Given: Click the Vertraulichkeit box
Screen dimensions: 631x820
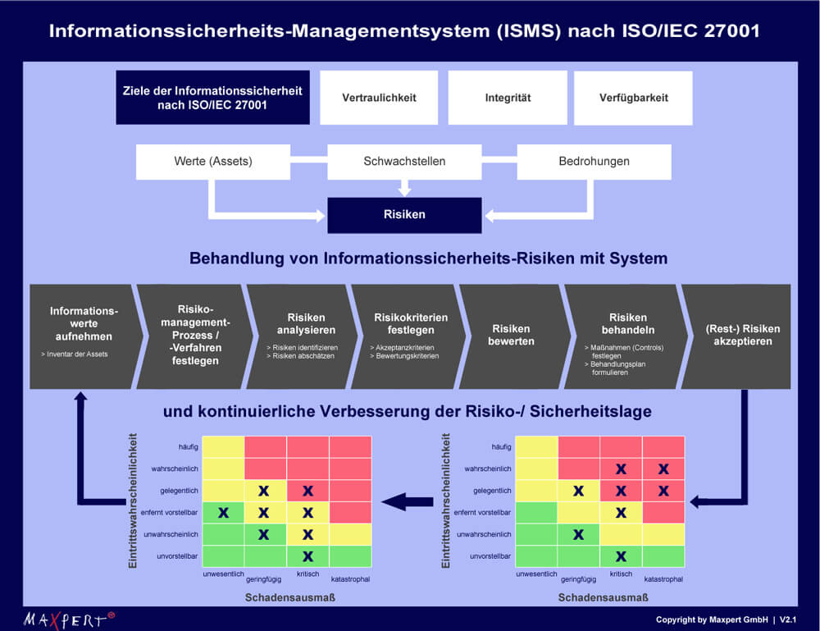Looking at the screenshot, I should coord(379,98).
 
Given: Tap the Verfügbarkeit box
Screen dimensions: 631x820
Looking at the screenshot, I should coord(633,98).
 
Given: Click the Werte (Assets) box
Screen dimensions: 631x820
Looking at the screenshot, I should coord(213,162).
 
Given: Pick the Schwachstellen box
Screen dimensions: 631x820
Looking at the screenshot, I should coord(404,162).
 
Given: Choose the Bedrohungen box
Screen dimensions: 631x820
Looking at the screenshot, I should coord(594,162).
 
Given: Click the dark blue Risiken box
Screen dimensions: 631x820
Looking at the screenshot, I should coord(404,215).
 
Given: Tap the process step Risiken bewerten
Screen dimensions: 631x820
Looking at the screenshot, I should coord(512,336).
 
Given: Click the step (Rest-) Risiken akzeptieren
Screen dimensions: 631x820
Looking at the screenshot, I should coord(737,336).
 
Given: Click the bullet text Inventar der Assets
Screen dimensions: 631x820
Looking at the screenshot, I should coord(75,354).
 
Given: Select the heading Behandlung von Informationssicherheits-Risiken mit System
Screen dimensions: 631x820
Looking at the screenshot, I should coord(428,258).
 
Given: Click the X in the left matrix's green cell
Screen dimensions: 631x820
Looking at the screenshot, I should coord(223,513).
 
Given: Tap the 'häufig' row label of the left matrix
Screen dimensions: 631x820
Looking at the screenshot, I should coord(188,446).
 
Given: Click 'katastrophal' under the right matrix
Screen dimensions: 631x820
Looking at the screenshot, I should coord(663,578).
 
